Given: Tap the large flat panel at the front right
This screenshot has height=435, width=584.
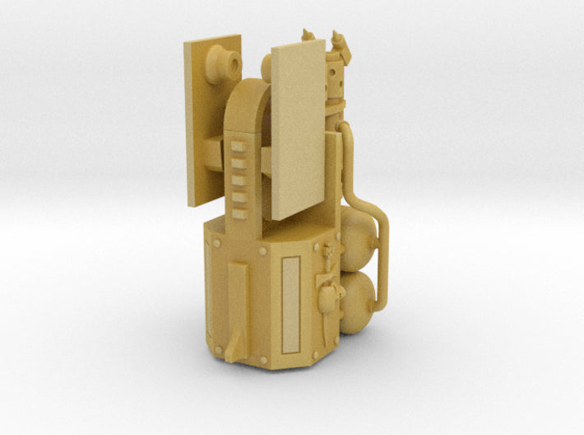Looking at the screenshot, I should (x=298, y=128).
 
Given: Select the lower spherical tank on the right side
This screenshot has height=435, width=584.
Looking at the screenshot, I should (x=359, y=303).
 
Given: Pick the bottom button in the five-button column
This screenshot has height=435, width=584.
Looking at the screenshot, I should (x=239, y=213).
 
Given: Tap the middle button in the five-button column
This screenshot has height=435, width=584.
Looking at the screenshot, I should (x=239, y=180).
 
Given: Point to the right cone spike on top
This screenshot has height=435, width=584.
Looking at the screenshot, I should (x=337, y=40).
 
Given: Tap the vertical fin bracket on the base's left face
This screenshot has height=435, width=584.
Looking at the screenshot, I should (x=237, y=305).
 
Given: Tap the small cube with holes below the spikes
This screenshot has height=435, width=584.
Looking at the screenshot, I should (x=335, y=79).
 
